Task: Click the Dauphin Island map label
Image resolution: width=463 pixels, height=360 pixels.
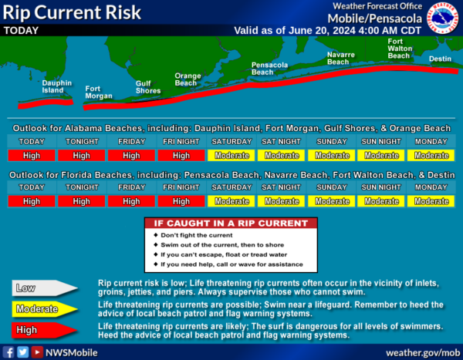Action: tap(56, 87)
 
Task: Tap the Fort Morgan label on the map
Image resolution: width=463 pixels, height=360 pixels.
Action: tap(99, 93)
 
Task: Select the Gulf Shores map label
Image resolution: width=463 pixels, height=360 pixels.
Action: tap(148, 87)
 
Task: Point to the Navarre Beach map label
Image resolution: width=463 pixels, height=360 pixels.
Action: tap(341, 58)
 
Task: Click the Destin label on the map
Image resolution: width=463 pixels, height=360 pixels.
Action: tap(440, 59)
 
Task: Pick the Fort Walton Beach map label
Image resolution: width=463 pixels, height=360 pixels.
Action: tap(400, 49)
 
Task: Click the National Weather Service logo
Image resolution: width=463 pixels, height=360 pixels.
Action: tap(442, 18)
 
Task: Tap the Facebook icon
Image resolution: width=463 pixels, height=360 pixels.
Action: tap(8, 352)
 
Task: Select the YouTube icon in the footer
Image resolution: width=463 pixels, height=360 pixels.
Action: tap(37, 352)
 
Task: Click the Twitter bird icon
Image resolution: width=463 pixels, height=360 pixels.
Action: tap(22, 352)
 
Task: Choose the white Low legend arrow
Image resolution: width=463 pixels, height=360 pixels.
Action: tap(45, 288)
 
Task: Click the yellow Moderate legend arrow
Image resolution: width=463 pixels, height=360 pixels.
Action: tap(45, 309)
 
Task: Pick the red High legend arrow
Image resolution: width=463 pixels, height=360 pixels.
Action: tap(45, 330)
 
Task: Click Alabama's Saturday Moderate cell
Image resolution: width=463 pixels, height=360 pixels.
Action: tap(231, 155)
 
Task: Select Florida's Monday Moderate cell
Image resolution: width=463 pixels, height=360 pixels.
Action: tap(431, 201)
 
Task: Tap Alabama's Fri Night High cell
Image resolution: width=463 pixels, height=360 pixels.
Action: tap(181, 155)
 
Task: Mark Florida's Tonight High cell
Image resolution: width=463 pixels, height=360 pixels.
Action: tap(82, 201)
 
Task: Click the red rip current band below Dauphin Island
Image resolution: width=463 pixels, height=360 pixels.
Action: tap(46, 103)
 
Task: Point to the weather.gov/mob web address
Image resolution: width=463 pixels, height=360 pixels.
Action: tap(423, 352)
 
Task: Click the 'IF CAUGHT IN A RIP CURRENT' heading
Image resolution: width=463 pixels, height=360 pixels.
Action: tap(231, 224)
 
